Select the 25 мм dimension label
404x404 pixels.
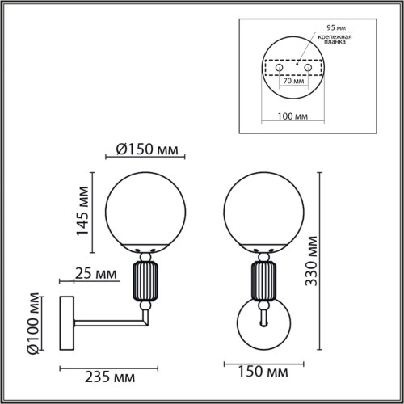[x=93, y=275]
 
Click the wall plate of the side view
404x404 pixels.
[x=67, y=326]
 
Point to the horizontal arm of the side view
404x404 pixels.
[x=109, y=326]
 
